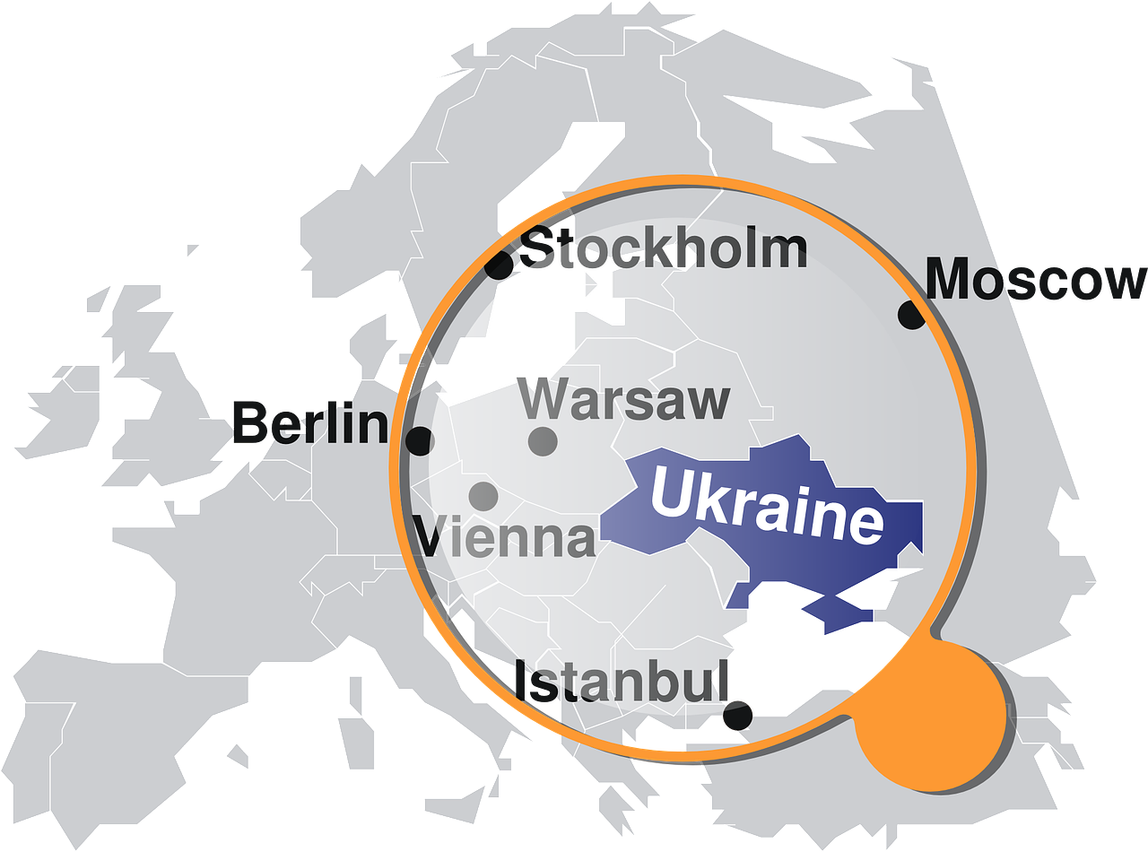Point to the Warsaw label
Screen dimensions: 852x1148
click(624, 400)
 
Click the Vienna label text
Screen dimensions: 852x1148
click(505, 537)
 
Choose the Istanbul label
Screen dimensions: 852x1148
click(621, 682)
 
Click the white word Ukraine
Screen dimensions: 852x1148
click(766, 506)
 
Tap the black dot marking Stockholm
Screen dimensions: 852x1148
click(499, 265)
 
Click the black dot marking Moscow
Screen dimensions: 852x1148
click(911, 315)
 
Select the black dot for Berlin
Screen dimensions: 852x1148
click(419, 440)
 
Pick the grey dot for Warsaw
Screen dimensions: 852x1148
click(543, 441)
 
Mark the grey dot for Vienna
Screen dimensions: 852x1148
click(483, 495)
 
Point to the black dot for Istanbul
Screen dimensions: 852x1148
click(737, 716)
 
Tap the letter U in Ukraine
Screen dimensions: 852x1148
click(671, 491)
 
